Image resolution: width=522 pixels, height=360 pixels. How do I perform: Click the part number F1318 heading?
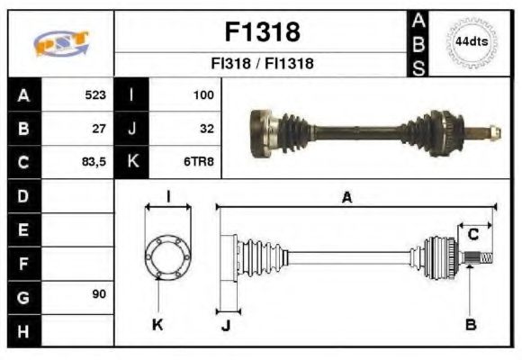[x=261, y=32]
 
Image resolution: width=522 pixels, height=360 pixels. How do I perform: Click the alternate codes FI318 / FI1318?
[x=261, y=65]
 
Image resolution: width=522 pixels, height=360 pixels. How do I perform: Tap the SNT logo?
[x=60, y=43]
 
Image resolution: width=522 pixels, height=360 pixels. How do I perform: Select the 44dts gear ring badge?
[x=471, y=42]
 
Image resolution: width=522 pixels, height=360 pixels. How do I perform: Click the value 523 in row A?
[x=95, y=94]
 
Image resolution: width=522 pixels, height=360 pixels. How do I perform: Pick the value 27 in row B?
[x=99, y=129]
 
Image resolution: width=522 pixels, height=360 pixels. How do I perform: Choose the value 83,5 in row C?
[x=94, y=163]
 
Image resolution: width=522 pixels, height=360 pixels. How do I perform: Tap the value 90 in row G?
[x=99, y=295]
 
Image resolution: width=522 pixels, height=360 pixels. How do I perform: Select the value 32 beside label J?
[x=206, y=129]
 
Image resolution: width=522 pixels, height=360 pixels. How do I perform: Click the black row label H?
[x=22, y=330]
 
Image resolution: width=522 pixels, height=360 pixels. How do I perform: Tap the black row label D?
[x=22, y=195]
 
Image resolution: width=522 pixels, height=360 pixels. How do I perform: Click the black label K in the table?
[x=132, y=163]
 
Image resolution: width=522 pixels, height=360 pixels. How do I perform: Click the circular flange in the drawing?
[x=167, y=257]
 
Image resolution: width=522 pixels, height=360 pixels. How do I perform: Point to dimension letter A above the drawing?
[x=346, y=198]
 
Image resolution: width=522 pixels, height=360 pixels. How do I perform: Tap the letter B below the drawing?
[x=470, y=324]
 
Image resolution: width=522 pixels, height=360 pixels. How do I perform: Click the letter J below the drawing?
[x=225, y=326]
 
